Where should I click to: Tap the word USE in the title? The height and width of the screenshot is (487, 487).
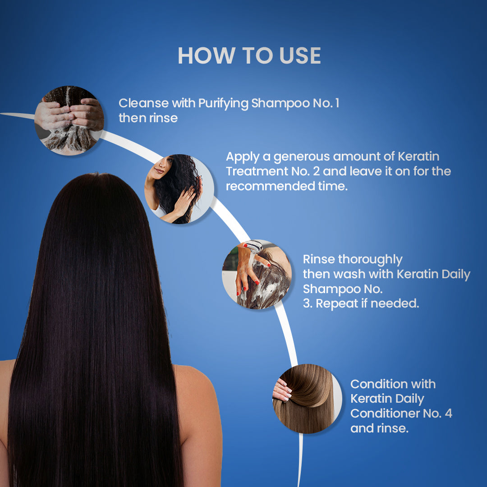click(300, 56)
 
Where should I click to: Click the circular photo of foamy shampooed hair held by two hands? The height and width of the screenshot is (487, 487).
click(69, 120)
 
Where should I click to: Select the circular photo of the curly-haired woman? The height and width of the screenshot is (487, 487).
click(179, 189)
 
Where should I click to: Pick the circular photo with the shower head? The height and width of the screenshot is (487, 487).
click(257, 274)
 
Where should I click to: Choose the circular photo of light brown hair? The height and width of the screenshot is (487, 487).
click(307, 399)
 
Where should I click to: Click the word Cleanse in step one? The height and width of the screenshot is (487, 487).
click(143, 103)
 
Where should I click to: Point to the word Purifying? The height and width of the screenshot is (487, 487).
click(223, 104)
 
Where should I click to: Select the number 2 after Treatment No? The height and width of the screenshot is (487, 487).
click(316, 171)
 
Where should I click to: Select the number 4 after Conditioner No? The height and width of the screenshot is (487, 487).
click(448, 413)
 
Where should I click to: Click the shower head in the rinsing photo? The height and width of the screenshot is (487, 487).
click(254, 246)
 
